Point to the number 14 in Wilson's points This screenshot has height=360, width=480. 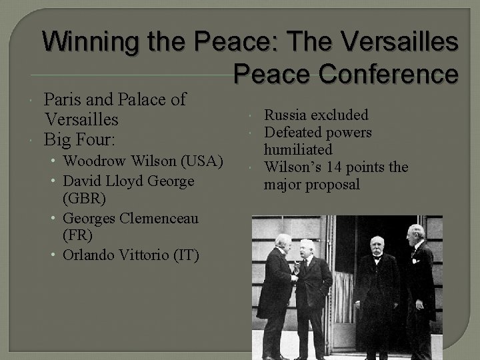pos(347,167)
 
